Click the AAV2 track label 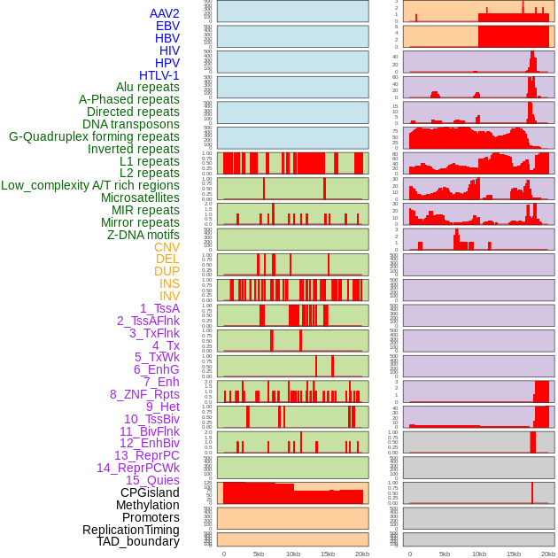pyautogui.click(x=164, y=13)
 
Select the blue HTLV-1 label pyautogui.click(x=159, y=75)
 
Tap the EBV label pyautogui.click(x=167, y=26)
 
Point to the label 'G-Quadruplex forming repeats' pyautogui.click(x=94, y=136)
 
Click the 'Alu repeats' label pyautogui.click(x=147, y=87)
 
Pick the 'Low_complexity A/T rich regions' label pyautogui.click(x=89, y=185)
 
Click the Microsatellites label pyautogui.click(x=140, y=198)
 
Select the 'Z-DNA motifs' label pyautogui.click(x=143, y=235)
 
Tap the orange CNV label pyautogui.click(x=167, y=247)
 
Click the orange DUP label pyautogui.click(x=167, y=271)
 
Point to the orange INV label pyautogui.click(x=169, y=296)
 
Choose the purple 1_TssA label pyautogui.click(x=159, y=308)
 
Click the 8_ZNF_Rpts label pyautogui.click(x=144, y=394)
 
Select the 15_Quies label pyautogui.click(x=152, y=480)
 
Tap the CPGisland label pyautogui.click(x=150, y=492)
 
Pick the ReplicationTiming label pyautogui.click(x=130, y=530)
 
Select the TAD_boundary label pyautogui.click(x=137, y=541)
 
